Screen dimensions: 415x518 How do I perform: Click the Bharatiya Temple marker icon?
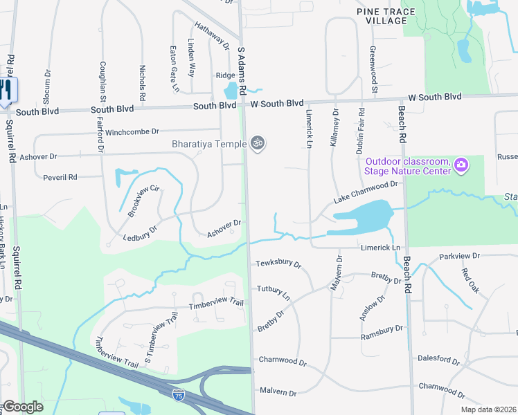tap(258, 143)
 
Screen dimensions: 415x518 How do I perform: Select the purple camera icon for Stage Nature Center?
tap(461, 165)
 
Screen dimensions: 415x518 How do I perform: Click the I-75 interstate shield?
tap(178, 394)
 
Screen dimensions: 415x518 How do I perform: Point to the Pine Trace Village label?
tap(382, 17)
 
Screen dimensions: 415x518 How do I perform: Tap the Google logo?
tap(23, 406)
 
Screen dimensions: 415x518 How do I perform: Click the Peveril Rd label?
tap(60, 177)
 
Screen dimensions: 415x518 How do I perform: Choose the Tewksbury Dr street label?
tap(278, 264)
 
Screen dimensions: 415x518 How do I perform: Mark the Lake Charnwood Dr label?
tap(368, 191)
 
